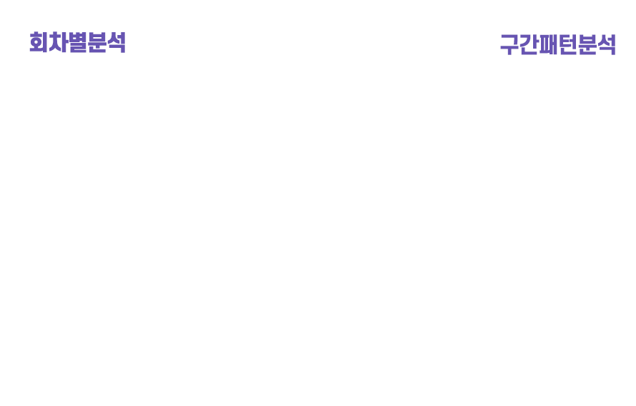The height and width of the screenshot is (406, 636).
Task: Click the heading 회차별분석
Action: pos(77,43)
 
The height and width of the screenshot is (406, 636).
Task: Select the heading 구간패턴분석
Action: pos(557,45)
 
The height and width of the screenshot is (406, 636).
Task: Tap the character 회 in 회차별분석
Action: pos(39,43)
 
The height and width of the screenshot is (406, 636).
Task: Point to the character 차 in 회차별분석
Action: pos(58,43)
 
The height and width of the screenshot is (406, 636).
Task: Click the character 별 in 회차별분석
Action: pos(77,43)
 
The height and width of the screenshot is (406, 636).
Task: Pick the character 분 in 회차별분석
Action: pos(96,43)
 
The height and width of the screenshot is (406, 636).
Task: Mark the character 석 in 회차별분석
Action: pos(116,43)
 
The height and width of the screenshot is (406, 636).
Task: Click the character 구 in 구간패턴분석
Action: pos(510,45)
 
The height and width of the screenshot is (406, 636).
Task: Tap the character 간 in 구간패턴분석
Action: pos(529,45)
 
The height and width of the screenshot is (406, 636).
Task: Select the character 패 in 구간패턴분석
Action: pos(548,45)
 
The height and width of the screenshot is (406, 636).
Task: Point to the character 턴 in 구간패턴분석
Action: pos(567,45)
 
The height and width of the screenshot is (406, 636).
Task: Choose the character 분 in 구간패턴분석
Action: pos(587,45)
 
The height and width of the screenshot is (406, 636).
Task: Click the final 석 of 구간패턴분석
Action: pos(606,45)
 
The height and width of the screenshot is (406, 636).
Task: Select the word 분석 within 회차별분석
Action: pos(106,43)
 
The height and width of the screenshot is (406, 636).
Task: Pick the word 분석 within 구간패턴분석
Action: pos(597,45)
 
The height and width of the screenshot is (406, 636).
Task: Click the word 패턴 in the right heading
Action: pos(558,45)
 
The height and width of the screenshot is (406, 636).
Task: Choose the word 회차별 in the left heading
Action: pos(58,43)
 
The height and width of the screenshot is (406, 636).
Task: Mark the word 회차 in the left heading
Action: pos(48,43)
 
